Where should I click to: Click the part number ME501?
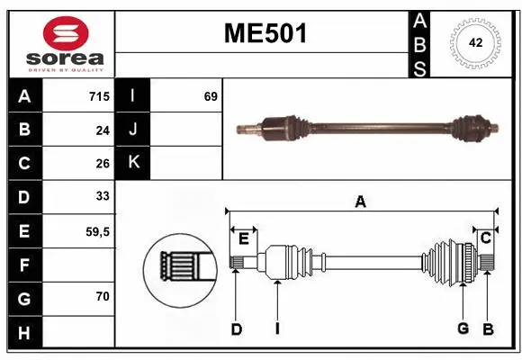[265, 33]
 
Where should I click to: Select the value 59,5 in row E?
[96, 231]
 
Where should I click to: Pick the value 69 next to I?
[211, 96]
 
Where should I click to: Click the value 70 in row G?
[102, 296]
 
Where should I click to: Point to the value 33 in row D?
[102, 195]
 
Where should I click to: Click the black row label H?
[23, 332]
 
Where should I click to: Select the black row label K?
[133, 162]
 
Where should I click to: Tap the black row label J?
[133, 130]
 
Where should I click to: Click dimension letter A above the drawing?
[360, 202]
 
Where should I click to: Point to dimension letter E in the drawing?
[243, 238]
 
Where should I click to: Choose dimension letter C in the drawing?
[484, 238]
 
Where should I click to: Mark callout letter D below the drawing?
[236, 329]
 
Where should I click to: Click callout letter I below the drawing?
[277, 329]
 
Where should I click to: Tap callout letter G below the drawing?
[463, 328]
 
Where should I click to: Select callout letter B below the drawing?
[487, 328]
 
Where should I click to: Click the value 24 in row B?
[102, 130]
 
